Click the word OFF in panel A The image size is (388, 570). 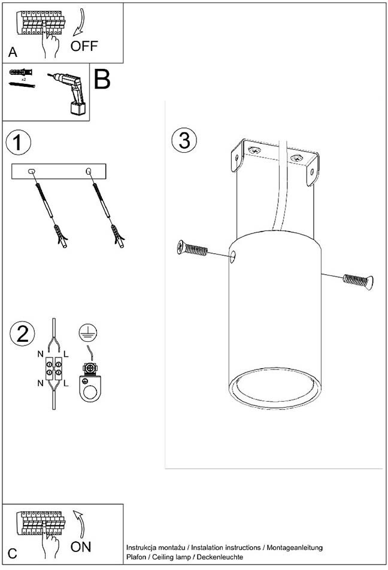(x=84, y=46)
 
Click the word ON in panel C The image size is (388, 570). (x=81, y=547)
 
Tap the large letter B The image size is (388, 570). (x=102, y=79)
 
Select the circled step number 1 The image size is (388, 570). (x=18, y=143)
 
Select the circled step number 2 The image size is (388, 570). (x=22, y=333)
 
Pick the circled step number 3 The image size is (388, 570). (x=184, y=140)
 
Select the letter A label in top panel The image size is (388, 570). (x=13, y=52)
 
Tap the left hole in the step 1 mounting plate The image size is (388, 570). (x=32, y=172)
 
